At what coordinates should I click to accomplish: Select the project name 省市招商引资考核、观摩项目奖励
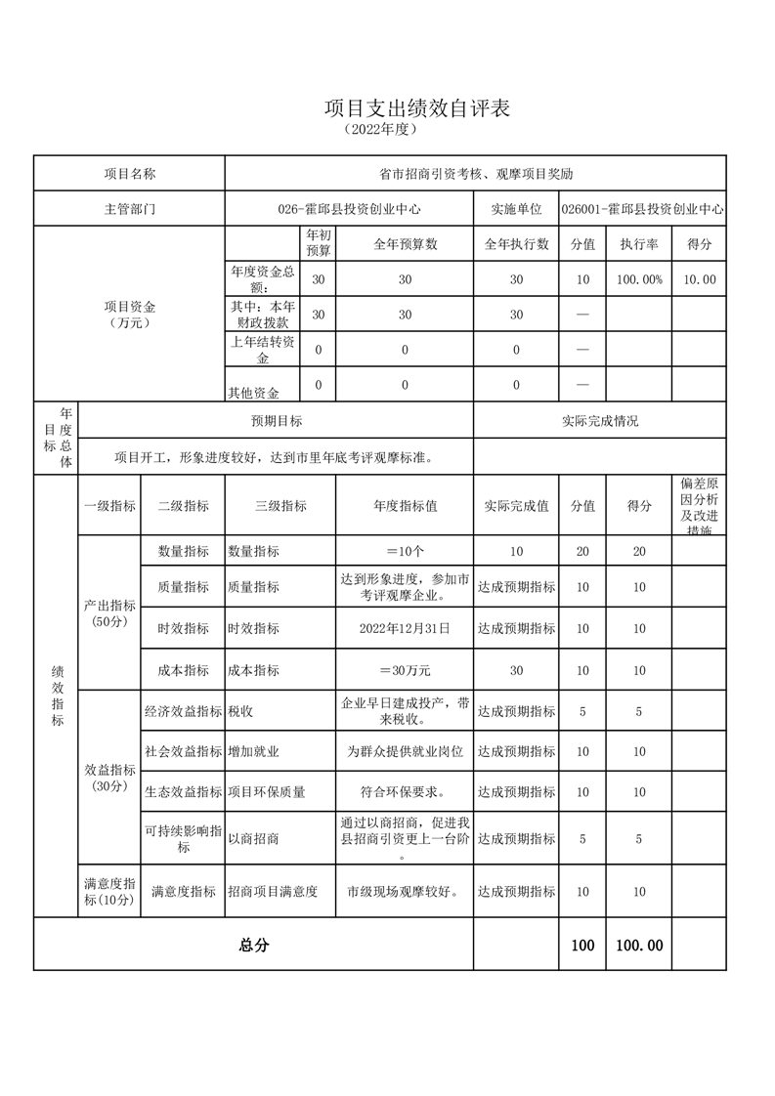[475, 174]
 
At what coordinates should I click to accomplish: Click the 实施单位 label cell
[516, 209]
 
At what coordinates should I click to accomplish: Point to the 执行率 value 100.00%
[639, 279]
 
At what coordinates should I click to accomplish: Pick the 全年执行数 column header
[516, 243]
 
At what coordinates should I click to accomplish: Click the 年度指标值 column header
[405, 506]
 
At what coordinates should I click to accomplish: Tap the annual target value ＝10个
[405, 552]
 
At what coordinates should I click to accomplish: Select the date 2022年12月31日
[405, 629]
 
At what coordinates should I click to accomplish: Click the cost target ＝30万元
[405, 671]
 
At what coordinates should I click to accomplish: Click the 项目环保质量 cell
[267, 792]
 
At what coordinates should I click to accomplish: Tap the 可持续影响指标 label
[183, 839]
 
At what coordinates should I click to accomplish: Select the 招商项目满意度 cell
[273, 892]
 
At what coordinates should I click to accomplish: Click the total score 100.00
[639, 946]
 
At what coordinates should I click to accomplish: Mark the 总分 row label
[253, 946]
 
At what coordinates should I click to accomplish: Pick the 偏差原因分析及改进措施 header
[699, 506]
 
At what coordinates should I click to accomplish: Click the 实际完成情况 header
[599, 421]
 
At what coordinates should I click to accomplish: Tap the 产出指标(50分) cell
[109, 613]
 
